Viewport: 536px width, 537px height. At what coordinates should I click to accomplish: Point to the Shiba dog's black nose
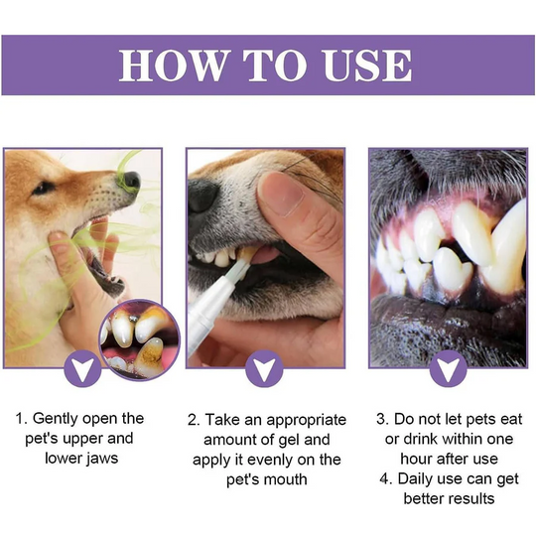pos(131,181)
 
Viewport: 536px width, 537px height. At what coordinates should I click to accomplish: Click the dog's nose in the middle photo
pos(204,196)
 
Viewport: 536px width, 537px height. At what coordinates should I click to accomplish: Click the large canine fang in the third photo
pos(507,246)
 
